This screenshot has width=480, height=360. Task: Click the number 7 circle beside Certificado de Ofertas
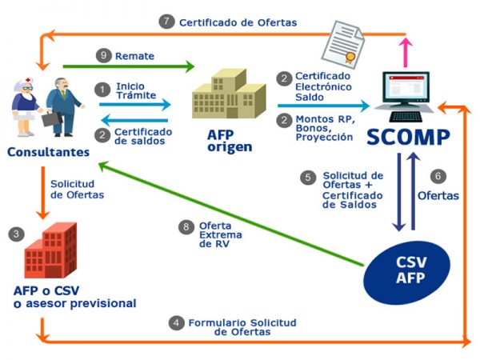point(166,22)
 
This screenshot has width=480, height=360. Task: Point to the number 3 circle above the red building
point(14,234)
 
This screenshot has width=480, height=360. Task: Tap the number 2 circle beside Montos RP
point(284,119)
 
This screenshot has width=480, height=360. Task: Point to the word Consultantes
point(46,152)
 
